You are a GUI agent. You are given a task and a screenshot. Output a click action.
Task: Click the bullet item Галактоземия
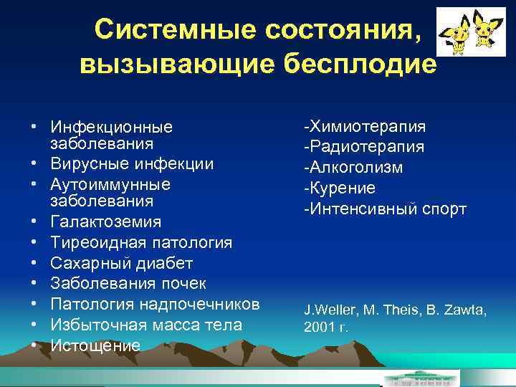pos(106,222)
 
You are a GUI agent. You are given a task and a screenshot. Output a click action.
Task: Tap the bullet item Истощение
pos(95,345)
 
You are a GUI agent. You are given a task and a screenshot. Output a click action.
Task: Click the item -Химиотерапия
pos(364,127)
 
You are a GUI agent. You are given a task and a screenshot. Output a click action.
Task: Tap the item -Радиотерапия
pos(363,147)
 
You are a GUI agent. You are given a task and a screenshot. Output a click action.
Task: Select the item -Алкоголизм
pos(353,168)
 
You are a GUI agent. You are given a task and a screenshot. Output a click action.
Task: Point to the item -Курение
pos(339,188)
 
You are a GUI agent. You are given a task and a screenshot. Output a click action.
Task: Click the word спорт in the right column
pos(442,209)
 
